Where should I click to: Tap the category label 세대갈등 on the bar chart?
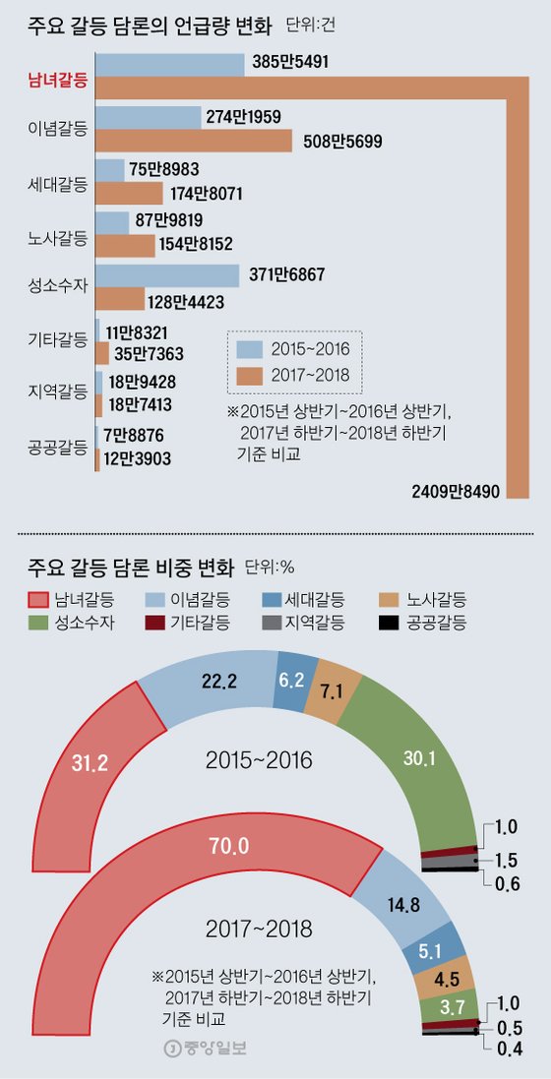[x=58, y=183]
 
